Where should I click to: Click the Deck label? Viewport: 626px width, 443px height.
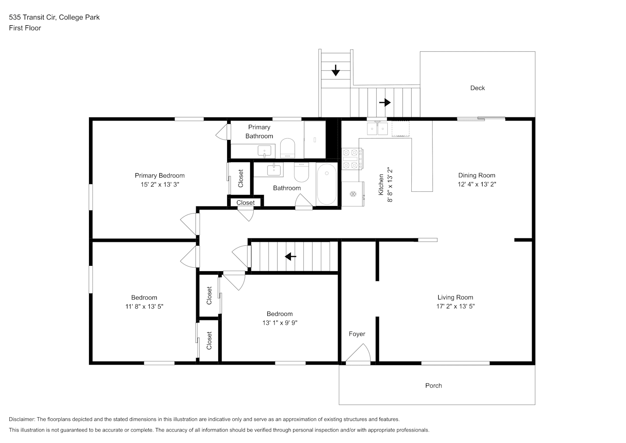477,88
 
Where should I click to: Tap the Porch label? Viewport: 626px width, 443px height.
433,385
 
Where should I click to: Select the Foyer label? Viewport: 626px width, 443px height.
357,334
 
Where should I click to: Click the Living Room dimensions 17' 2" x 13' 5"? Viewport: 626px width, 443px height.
455,306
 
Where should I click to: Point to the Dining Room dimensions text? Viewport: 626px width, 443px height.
477,184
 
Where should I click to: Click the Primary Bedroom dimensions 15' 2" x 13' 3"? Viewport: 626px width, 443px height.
159,185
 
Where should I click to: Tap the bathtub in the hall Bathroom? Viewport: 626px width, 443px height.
327,184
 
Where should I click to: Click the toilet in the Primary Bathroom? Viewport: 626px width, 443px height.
288,148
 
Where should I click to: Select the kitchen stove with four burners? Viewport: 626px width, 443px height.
352,159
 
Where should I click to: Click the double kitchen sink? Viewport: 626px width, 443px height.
377,128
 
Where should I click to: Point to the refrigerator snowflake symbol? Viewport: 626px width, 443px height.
353,194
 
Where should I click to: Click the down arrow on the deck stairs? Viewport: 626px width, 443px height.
336,70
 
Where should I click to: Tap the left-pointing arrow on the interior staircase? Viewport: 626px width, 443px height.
290,256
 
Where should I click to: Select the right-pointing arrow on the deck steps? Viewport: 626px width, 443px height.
385,103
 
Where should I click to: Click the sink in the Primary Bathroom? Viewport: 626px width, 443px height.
264,152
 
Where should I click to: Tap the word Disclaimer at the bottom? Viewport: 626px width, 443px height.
22,419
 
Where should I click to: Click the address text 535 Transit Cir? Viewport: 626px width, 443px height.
33,17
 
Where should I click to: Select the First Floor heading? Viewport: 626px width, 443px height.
25,28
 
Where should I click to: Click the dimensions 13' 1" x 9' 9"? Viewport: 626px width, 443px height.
280,323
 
